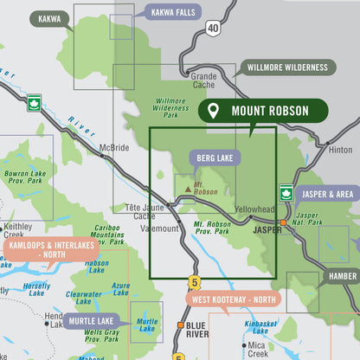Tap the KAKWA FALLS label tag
coord(174,12)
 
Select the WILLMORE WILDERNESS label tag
coord(287,67)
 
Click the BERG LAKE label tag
coord(215,158)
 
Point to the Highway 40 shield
coord(213,29)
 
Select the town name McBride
coord(113,146)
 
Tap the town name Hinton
coord(340,150)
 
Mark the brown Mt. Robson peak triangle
coord(188,187)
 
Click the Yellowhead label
coord(254,209)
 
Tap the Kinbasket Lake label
coord(261,326)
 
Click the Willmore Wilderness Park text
coord(170,107)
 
